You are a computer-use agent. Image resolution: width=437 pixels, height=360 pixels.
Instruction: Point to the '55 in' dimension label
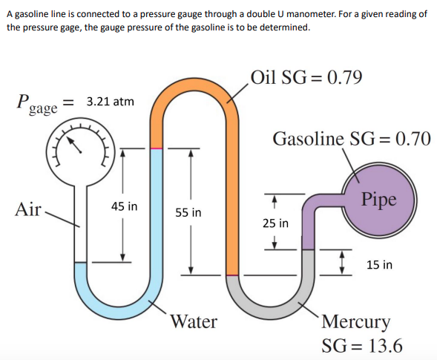tap(188, 213)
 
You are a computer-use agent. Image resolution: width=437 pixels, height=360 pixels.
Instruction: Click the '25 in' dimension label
tap(276, 223)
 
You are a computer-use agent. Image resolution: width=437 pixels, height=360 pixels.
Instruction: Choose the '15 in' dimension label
tap(379, 264)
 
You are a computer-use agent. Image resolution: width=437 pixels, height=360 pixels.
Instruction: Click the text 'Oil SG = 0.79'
tap(306, 77)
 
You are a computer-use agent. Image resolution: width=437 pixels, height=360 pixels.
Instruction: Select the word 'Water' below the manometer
tap(194, 321)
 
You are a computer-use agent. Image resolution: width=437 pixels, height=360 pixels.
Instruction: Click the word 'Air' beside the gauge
tap(28, 209)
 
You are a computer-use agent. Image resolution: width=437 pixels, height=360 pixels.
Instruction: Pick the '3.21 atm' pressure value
tap(110, 100)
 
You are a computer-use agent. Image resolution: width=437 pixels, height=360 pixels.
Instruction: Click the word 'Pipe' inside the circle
tap(379, 199)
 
